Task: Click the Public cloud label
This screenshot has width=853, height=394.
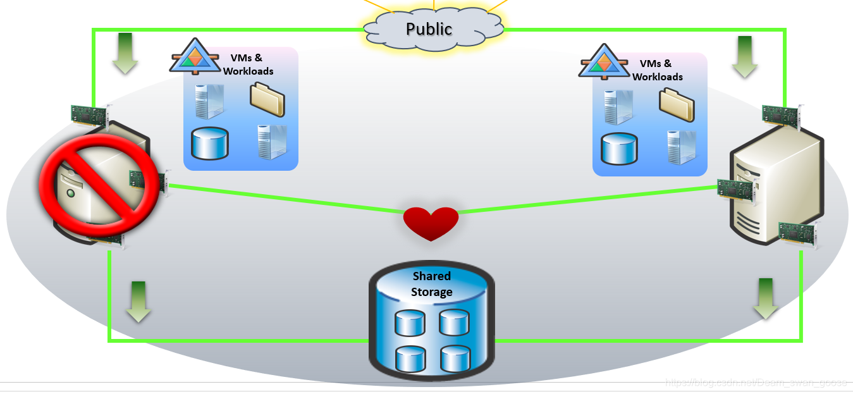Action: tap(429, 29)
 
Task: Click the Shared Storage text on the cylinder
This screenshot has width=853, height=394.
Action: tap(432, 284)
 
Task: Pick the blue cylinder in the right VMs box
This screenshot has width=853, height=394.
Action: tap(619, 149)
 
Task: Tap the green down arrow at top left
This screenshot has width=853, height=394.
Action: tap(125, 54)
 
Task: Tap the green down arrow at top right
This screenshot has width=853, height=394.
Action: tap(745, 57)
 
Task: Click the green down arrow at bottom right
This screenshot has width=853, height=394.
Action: tap(766, 299)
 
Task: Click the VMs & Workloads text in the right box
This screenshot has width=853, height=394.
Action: tap(657, 70)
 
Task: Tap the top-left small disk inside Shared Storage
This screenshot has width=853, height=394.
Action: tap(408, 323)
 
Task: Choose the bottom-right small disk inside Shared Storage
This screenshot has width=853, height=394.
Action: tap(454, 359)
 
